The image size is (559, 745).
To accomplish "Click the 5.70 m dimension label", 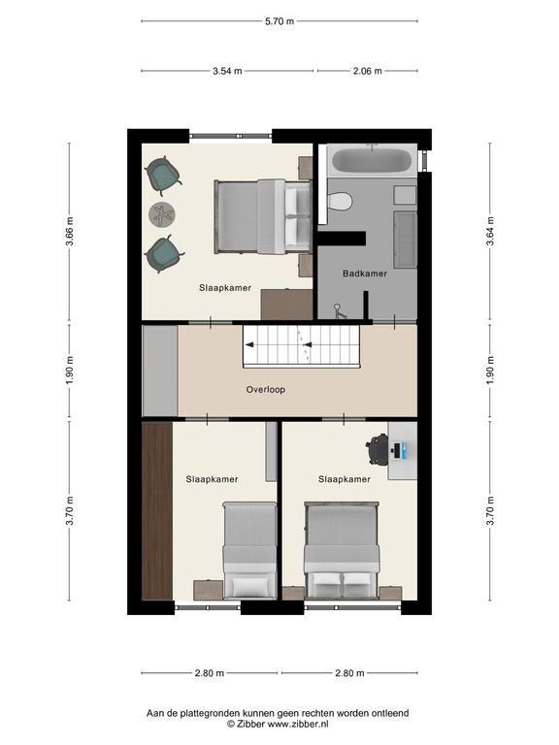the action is click(279, 21).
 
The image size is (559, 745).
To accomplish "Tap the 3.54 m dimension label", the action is click(227, 71).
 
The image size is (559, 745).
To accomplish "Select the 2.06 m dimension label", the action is click(368, 71).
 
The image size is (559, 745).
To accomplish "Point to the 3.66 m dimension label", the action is click(70, 232).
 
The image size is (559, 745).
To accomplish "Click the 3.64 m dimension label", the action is click(490, 231).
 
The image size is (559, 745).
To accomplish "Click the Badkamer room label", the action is click(365, 274).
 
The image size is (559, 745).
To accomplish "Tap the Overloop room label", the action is click(266, 390).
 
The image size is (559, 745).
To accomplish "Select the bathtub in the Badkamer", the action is click(372, 161).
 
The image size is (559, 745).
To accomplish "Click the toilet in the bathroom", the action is click(340, 201).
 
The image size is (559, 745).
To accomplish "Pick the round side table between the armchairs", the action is click(162, 214).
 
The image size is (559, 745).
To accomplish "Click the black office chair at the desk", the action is click(377, 449).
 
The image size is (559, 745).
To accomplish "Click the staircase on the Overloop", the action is click(302, 346).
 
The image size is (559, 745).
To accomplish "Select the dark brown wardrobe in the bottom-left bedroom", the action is click(157, 511).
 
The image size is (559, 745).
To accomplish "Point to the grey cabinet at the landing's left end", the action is click(160, 372).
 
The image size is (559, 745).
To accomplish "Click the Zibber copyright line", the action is click(278, 724).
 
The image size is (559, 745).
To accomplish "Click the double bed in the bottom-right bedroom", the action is click(342, 550).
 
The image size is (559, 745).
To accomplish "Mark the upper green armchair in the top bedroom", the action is click(163, 175).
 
